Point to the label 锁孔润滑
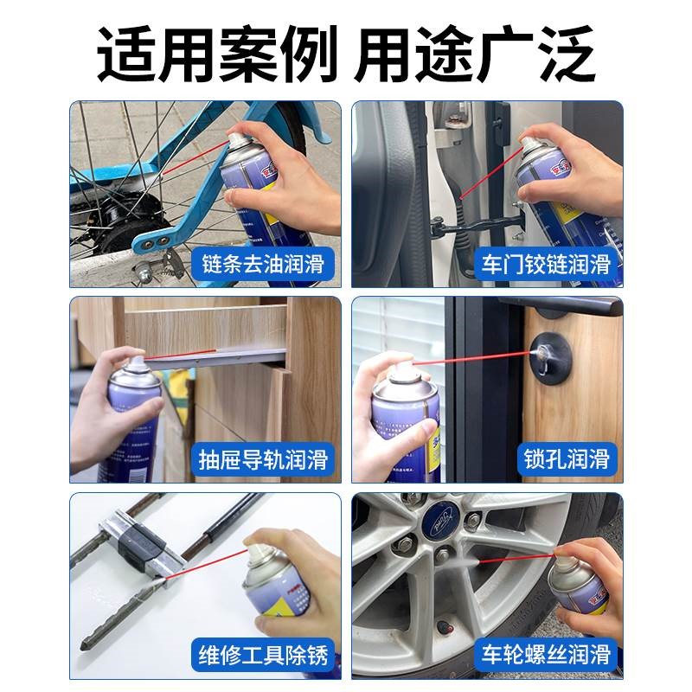[x=567, y=458]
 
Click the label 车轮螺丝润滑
[x=544, y=655]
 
